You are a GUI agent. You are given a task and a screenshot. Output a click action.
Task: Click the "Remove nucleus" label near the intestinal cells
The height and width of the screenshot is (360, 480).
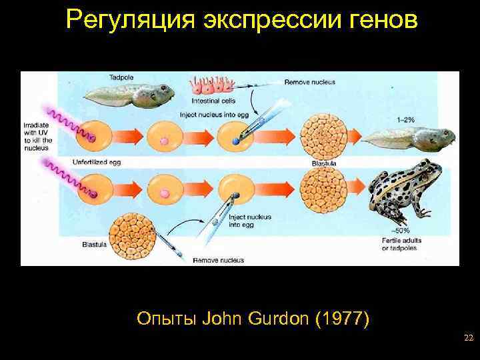(x=309, y=82)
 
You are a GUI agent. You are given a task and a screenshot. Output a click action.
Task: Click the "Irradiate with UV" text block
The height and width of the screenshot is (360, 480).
(x=35, y=136)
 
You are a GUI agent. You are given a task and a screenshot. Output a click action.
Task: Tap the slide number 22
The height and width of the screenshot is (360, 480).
(x=468, y=339)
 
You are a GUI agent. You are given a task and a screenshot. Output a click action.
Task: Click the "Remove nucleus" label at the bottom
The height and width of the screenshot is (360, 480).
(x=218, y=259)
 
